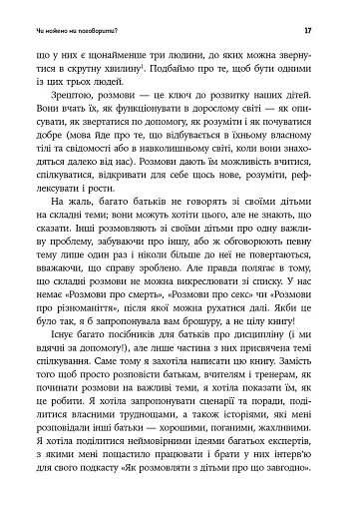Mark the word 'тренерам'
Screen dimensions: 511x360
270,441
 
